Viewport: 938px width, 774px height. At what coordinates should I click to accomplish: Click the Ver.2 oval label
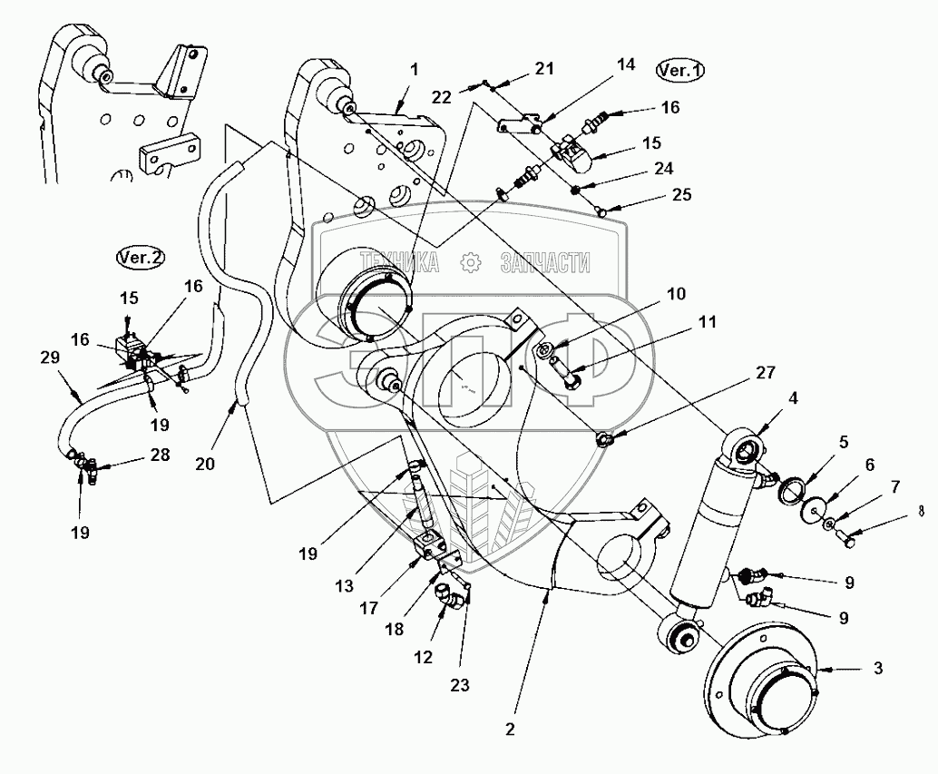[x=141, y=258]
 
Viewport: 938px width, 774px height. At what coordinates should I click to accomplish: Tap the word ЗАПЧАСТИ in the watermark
[x=544, y=263]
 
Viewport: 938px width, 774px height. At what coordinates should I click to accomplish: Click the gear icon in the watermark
[x=470, y=262]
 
